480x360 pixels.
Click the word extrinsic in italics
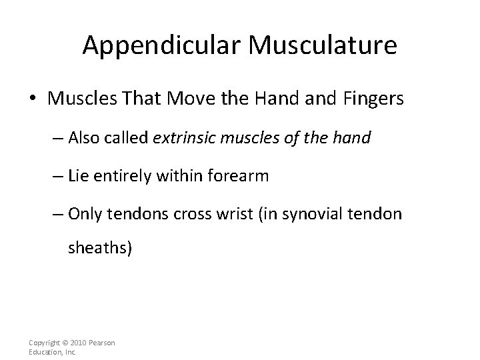click(x=184, y=139)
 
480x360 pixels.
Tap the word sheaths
click(x=100, y=249)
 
